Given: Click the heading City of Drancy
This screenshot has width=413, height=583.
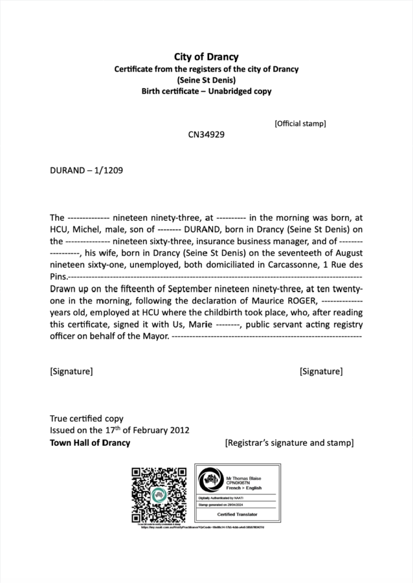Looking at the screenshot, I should tap(206, 57).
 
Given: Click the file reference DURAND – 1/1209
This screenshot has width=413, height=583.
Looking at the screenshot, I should tap(87, 170).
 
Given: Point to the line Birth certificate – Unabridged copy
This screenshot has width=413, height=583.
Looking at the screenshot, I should tap(206, 91).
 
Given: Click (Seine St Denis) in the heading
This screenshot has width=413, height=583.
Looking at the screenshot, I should tap(206, 80).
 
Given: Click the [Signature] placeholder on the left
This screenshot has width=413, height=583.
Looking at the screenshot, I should tap(71, 372).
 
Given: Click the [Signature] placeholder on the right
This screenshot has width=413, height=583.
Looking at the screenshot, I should tap(321, 372).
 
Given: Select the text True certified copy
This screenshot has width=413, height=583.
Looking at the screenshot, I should tap(87, 418).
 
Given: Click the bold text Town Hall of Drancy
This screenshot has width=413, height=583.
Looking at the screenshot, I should tap(90, 442).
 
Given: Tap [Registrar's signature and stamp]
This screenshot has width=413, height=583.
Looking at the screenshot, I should tap(289, 442).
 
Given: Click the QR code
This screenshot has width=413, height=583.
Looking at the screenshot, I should tap(159, 494).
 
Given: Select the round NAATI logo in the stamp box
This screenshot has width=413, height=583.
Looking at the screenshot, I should tap(210, 480).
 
